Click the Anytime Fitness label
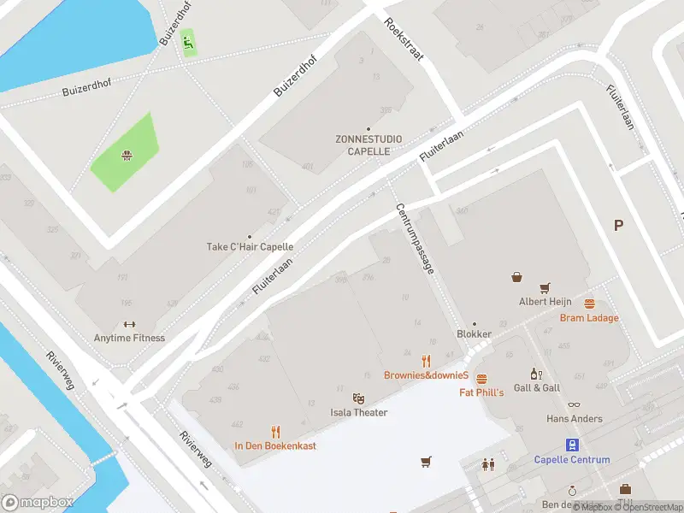pos(130,338)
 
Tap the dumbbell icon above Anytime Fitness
pos(129,324)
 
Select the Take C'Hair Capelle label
pos(250,247)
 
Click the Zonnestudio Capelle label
pos(369,145)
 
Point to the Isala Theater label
pos(359,413)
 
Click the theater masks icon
pos(359,398)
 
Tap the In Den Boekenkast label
pos(275,445)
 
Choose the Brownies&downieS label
pos(426,375)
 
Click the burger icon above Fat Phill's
pos(481,378)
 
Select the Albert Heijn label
pos(544,302)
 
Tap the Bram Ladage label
pos(589,318)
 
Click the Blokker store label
pos(475,334)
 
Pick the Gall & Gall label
pos(536,387)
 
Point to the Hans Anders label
pos(575,419)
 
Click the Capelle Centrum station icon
pos(572,444)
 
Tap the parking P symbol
pos(618,226)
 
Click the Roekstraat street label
pos(404,39)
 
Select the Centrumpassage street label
pos(414,239)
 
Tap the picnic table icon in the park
pos(127,155)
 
